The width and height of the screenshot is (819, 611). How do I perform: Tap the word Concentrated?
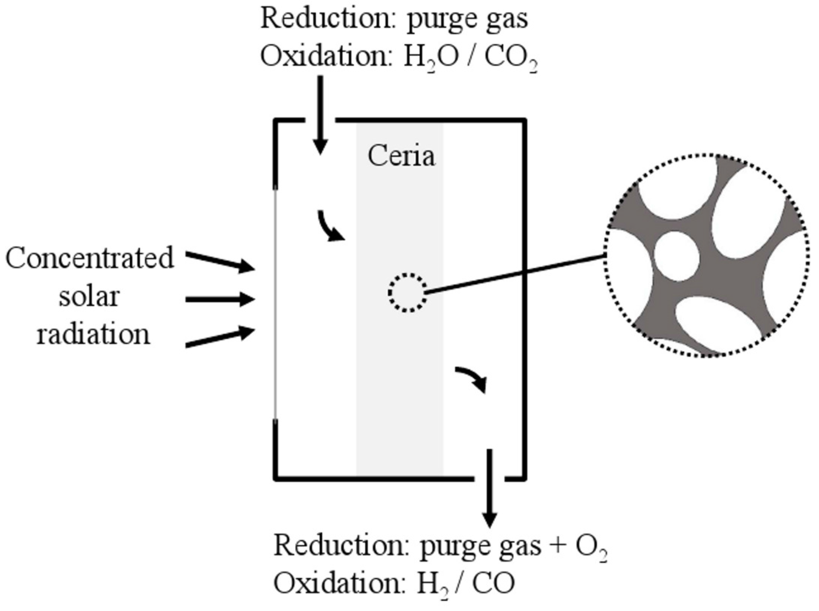click(x=89, y=258)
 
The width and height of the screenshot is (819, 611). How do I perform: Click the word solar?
click(x=89, y=297)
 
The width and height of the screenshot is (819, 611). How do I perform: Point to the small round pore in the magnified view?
click(x=677, y=256)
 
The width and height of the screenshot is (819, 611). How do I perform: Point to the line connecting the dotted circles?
click(x=515, y=274)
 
